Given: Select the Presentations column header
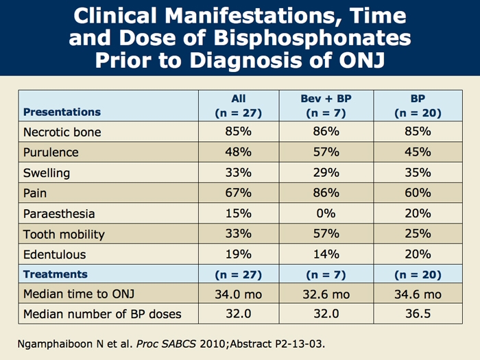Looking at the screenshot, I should tap(62, 112).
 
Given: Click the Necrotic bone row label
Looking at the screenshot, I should tap(62, 132).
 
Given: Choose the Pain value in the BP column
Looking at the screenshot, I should tap(418, 193).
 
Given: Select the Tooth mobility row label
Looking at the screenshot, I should tap(64, 234).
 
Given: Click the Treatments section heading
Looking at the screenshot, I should tap(56, 274).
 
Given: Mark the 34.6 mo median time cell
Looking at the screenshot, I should tap(418, 295).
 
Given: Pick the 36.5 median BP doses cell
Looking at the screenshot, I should tap(418, 315).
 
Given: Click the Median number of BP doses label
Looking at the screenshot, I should tap(102, 315).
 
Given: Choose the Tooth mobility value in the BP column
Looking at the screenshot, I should tap(418, 234).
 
